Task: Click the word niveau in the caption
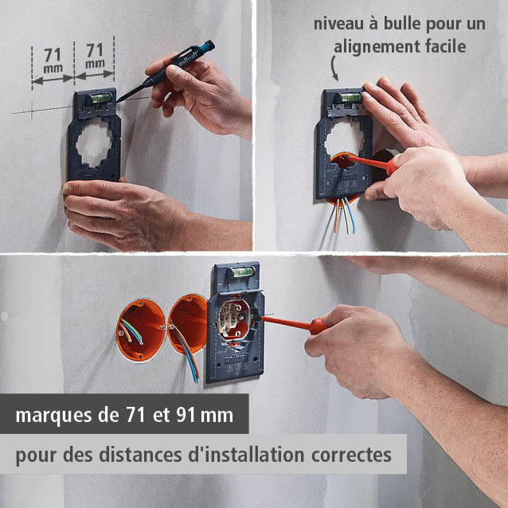click(x=337, y=24)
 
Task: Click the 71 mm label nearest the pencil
click(x=94, y=57)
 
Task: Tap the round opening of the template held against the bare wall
click(x=94, y=144)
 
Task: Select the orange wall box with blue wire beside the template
click(x=189, y=325)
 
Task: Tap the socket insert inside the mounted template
click(x=236, y=322)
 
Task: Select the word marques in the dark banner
click(x=48, y=416)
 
